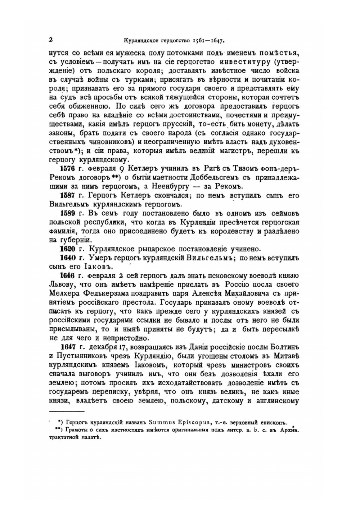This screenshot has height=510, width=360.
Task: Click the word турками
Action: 138,79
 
